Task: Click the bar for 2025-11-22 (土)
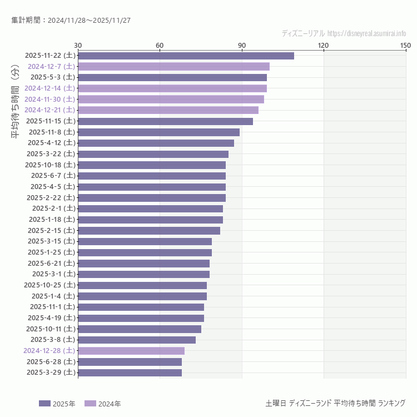[186, 56]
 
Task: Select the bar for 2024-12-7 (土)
[173, 66]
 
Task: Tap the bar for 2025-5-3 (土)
[172, 77]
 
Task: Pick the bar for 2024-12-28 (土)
[131, 351]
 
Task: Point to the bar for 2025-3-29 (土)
[130, 373]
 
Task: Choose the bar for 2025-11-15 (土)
[165, 121]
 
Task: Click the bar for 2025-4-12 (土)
[156, 143]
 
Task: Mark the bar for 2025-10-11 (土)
[140, 329]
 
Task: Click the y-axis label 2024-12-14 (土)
[49, 88]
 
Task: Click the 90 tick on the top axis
[242, 45]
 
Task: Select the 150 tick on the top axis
[405, 45]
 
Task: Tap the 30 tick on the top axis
[78, 45]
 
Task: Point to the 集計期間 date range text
[71, 21]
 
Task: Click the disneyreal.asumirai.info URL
[366, 33]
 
